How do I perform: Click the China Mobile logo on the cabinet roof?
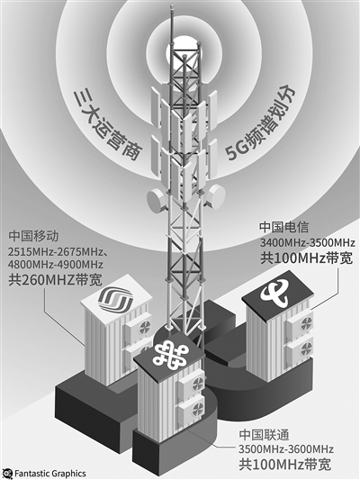tap(115, 299)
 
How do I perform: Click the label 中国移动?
tap(33, 236)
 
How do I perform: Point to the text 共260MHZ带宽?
tap(56, 279)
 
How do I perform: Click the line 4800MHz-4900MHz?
tap(56, 265)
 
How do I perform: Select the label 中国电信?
tap(284, 227)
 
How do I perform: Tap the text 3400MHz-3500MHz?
tap(308, 243)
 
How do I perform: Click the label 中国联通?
tap(264, 435)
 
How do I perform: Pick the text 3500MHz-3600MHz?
tap(286, 449)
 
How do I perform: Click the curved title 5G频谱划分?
tap(261, 122)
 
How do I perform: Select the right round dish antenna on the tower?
tap(215, 196)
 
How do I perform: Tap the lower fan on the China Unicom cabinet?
tap(197, 408)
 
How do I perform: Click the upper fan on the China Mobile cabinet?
tap(145, 327)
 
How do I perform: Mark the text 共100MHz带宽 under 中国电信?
tap(307, 258)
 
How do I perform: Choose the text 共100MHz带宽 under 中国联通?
tap(285, 465)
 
